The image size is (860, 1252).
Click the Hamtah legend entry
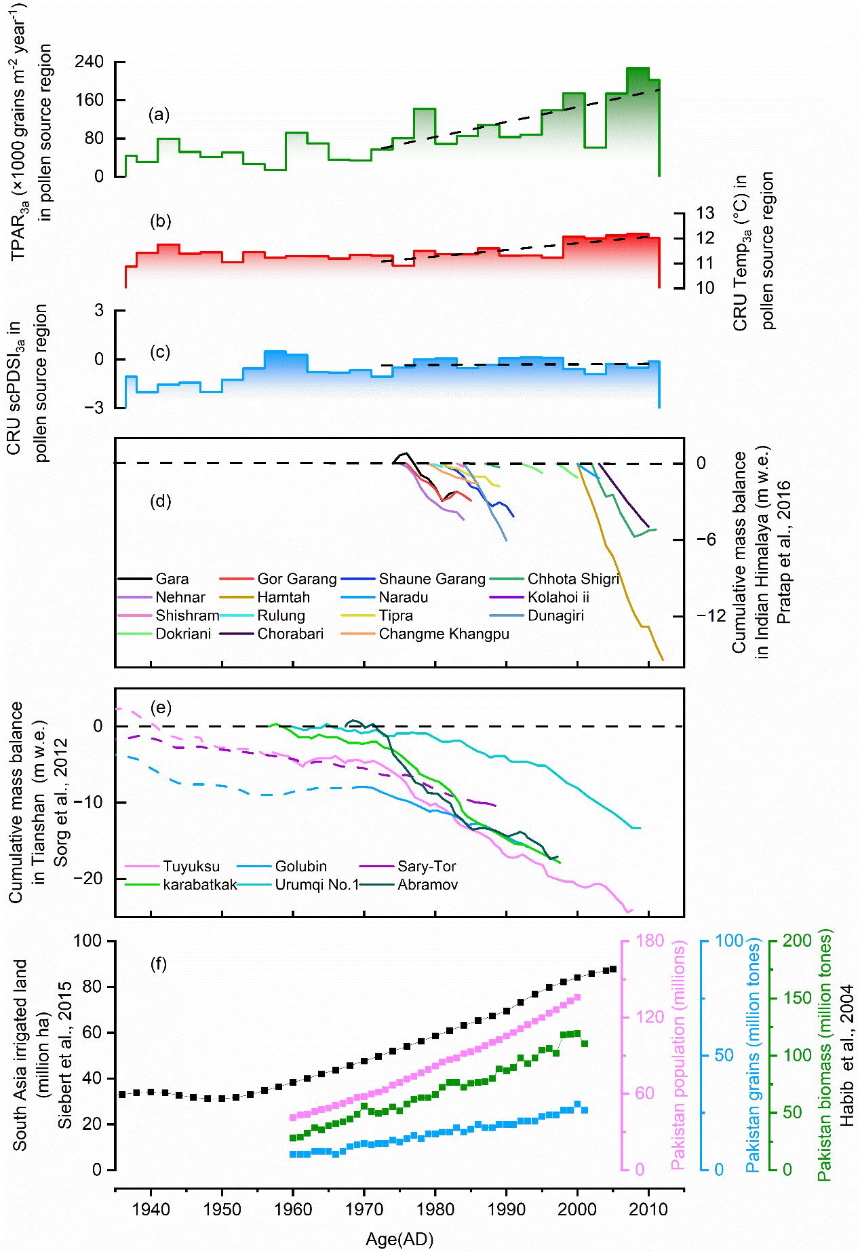[284, 598]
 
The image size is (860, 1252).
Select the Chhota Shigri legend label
[574, 579]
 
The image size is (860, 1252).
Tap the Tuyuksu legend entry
[187, 866]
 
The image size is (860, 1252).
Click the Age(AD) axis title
[399, 1239]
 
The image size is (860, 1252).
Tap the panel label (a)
[159, 115]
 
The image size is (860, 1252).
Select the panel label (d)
[159, 501]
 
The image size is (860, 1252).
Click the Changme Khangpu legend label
[444, 634]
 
